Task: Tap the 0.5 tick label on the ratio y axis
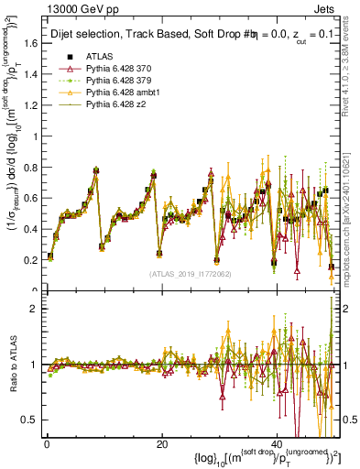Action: (x=30, y=420)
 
